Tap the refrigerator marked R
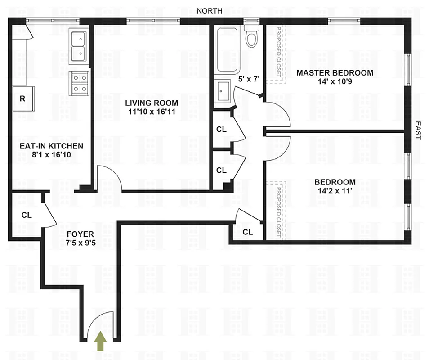pyautogui.click(x=22, y=98)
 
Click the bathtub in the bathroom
pyautogui.click(x=226, y=49)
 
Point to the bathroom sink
pyautogui.click(x=223, y=92)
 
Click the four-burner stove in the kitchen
pyautogui.click(x=79, y=83)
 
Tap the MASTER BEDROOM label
pyautogui.click(x=334, y=72)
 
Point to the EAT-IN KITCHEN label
pyautogui.click(x=51, y=146)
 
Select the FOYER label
pyautogui.click(x=80, y=234)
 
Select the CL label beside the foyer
pyautogui.click(x=27, y=215)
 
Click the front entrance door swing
pyautogui.click(x=100, y=323)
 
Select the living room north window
pyautogui.click(x=153, y=21)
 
